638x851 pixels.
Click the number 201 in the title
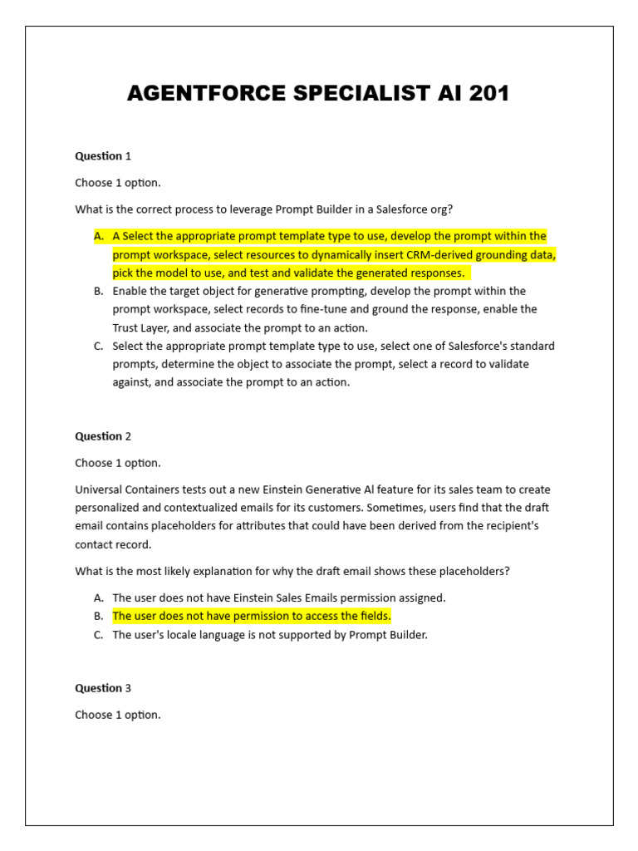(488, 94)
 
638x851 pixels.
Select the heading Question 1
(103, 156)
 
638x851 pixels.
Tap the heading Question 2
(103, 436)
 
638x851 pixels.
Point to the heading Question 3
(103, 688)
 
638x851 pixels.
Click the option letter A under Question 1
(99, 237)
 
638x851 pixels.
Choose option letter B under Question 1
(99, 292)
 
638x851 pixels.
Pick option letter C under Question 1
(99, 347)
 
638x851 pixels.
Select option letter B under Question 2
(99, 617)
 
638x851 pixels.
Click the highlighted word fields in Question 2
(373, 617)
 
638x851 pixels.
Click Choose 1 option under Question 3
(117, 715)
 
